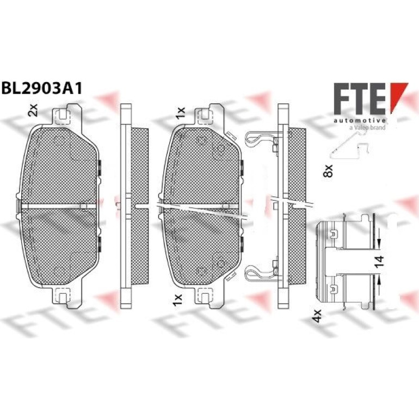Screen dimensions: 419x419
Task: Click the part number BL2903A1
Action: [x=42, y=88]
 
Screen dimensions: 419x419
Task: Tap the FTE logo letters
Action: [x=360, y=99]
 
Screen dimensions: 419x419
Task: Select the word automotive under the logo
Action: [x=360, y=120]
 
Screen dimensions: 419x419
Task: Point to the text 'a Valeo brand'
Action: [x=367, y=127]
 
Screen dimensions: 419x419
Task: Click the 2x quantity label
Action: [x=33, y=110]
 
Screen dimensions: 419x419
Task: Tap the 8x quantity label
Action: [x=328, y=171]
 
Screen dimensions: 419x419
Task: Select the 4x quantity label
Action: [x=317, y=316]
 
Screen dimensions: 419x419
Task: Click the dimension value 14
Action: [x=379, y=262]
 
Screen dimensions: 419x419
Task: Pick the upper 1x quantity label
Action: [x=180, y=113]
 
